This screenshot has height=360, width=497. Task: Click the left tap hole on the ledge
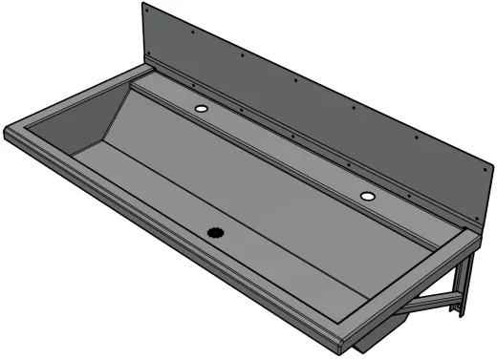pyautogui.click(x=202, y=110)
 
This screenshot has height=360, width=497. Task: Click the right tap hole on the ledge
pyautogui.click(x=368, y=196)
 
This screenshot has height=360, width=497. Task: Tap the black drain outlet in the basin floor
pyautogui.click(x=215, y=232)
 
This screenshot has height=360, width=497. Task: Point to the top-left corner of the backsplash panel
pyautogui.click(x=144, y=4)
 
